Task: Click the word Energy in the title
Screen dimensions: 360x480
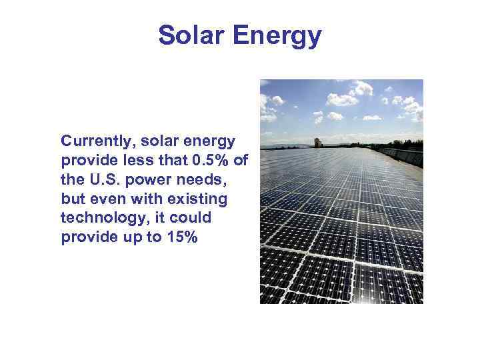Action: coord(279,37)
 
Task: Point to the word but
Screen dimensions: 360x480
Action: coord(72,199)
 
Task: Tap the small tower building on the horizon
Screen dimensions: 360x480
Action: coord(318,142)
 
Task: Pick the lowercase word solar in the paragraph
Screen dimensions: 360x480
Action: coord(158,142)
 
